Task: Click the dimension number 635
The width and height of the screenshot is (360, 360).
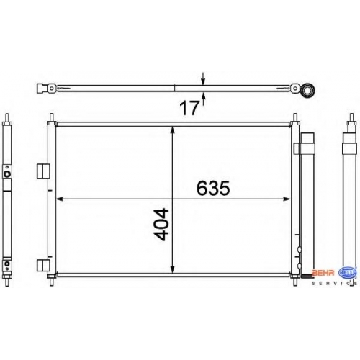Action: point(213,188)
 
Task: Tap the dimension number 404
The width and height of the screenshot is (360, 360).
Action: point(161,225)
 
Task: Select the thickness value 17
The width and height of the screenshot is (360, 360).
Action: point(189,108)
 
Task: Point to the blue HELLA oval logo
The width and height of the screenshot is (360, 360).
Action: point(347,273)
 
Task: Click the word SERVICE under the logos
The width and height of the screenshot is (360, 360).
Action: point(334,284)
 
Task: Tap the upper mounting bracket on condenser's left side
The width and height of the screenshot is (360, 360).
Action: point(43,171)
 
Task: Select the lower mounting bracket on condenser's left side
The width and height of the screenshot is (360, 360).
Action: point(43,266)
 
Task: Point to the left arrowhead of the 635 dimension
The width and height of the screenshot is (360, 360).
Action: point(59,199)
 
